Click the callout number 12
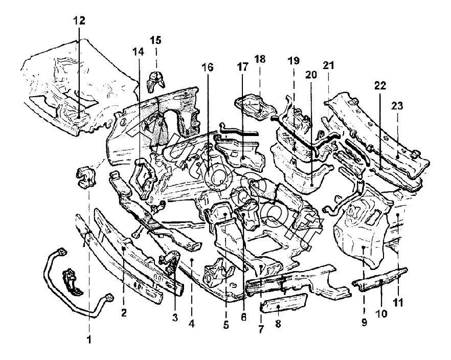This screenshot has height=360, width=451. pyautogui.click(x=79, y=21)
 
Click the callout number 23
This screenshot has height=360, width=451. pyautogui.click(x=398, y=106)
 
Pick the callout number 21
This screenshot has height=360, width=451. pyautogui.click(x=328, y=65)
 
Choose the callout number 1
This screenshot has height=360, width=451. pyautogui.click(x=90, y=338)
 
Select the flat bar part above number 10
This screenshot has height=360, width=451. pyautogui.click(x=381, y=279)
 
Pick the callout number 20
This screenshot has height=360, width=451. pyautogui.click(x=312, y=74)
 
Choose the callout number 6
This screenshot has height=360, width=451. pyautogui.click(x=243, y=317)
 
